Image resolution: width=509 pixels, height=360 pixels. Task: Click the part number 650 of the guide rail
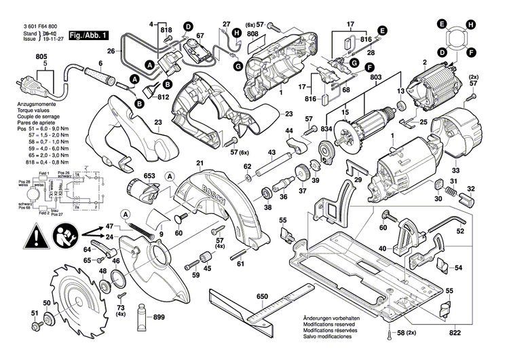[262, 296]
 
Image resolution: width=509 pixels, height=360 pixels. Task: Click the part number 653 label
[149, 176]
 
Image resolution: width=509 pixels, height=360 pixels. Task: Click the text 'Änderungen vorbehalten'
[331, 319]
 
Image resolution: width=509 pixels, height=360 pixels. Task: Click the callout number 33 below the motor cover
[456, 171]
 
